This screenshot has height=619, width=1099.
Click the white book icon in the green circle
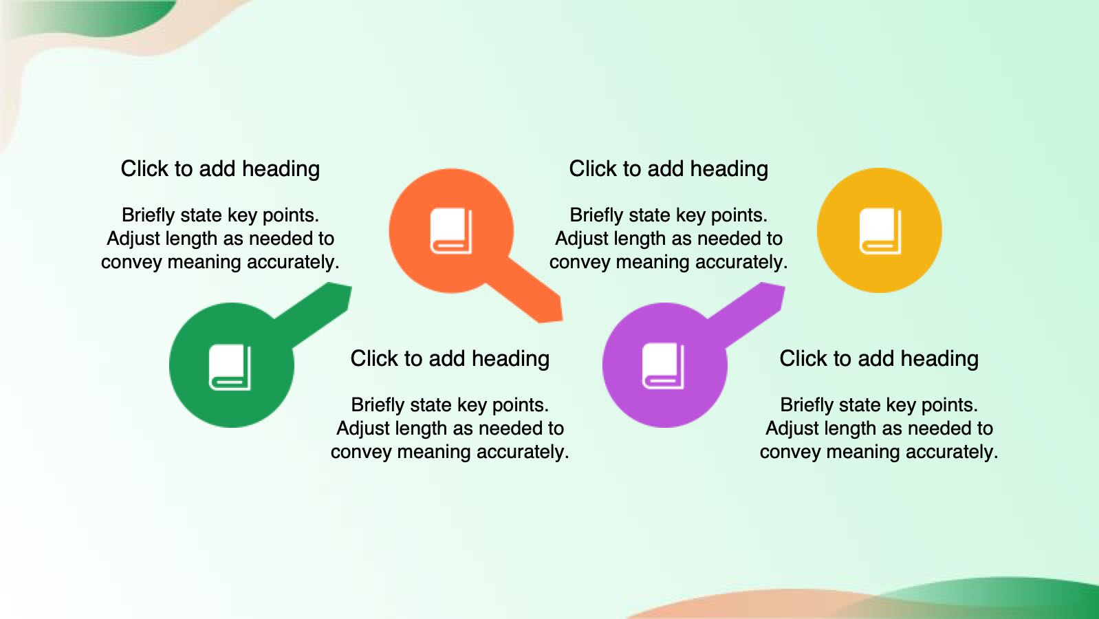click(230, 367)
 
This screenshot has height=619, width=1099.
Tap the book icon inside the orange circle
click(451, 231)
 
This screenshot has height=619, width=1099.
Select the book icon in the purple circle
click(664, 366)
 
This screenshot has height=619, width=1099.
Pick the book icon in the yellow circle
click(880, 231)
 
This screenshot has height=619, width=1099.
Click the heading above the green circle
click(220, 169)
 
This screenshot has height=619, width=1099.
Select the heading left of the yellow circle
click(668, 169)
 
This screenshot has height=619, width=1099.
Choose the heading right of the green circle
click(450, 358)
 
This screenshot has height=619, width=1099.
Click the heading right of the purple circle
click(879, 358)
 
